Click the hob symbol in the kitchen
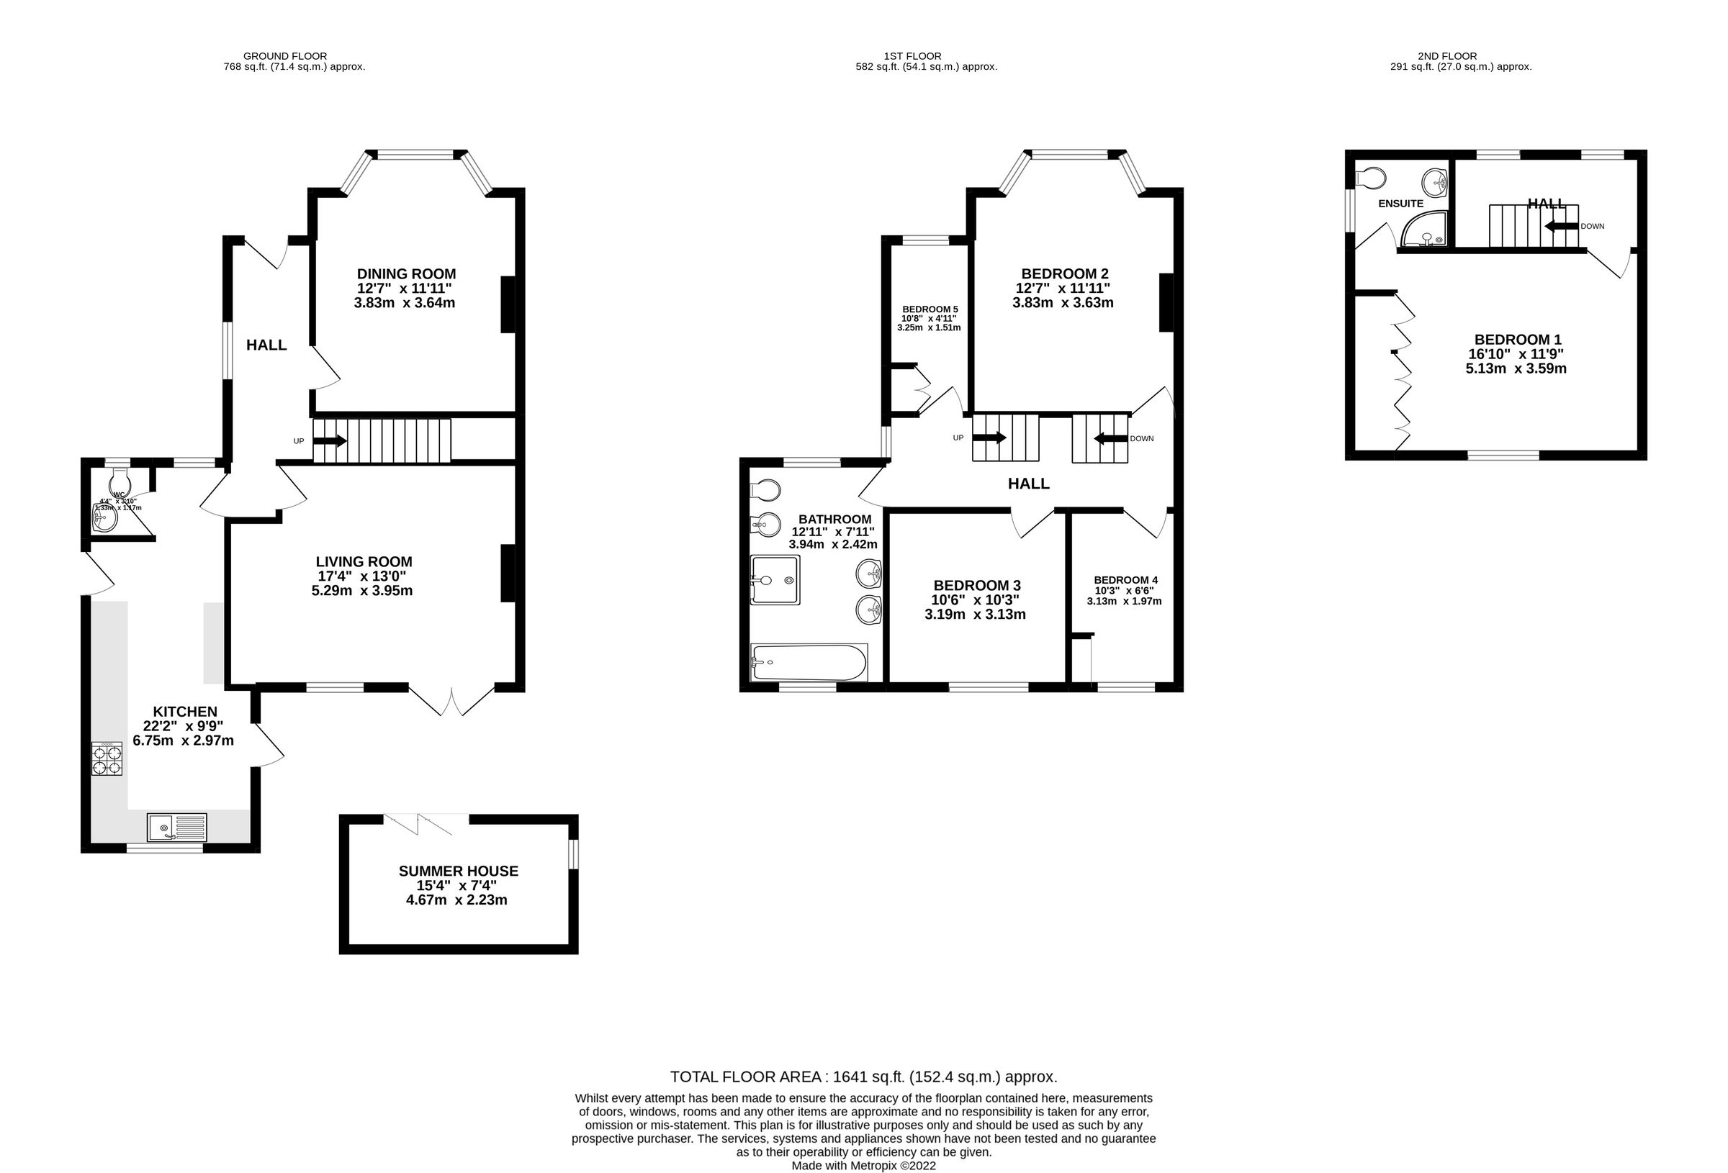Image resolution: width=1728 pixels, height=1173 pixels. click(107, 759)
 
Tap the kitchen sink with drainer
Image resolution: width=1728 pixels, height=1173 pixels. click(177, 827)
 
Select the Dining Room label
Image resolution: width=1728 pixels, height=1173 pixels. click(406, 274)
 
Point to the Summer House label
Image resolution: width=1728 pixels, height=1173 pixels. click(458, 871)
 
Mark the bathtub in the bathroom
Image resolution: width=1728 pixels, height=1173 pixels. click(809, 661)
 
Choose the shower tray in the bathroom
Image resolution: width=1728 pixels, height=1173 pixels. click(774, 580)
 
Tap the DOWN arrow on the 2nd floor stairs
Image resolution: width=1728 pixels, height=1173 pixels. click(1561, 226)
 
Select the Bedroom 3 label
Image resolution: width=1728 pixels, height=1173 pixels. click(976, 585)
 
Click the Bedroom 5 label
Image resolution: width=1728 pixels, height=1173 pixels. click(930, 309)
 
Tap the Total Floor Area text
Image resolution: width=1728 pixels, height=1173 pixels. click(863, 1077)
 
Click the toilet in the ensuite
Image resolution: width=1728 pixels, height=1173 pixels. click(1370, 178)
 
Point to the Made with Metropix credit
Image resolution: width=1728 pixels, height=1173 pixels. click(863, 1166)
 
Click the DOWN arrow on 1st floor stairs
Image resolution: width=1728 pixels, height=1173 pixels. click(1110, 438)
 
